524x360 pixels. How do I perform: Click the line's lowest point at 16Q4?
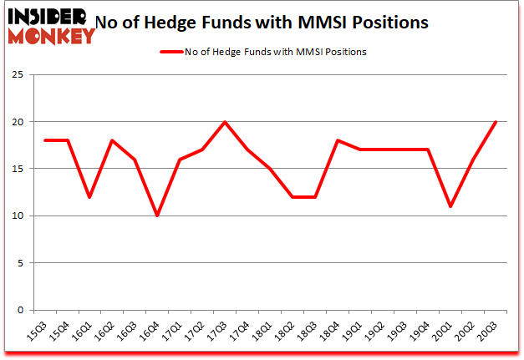[x=156, y=215]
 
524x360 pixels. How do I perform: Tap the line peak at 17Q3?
[x=225, y=122]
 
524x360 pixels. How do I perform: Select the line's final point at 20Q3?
[x=496, y=122]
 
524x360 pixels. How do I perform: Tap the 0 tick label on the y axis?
[x=18, y=311]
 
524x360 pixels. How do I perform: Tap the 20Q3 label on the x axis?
[x=491, y=332]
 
